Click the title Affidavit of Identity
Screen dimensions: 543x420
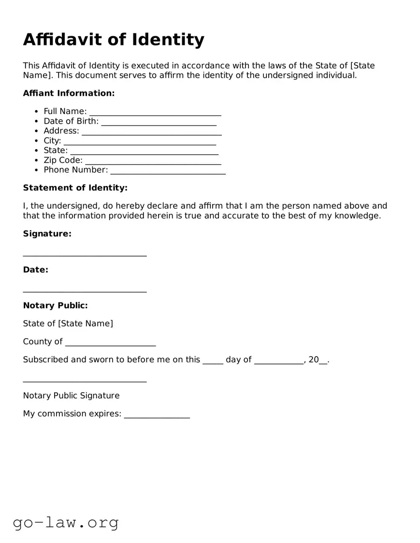[x=114, y=40]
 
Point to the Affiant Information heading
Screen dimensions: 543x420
[x=69, y=93]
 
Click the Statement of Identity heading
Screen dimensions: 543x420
[x=75, y=188]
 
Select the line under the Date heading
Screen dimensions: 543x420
[x=85, y=291]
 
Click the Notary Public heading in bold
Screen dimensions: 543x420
[x=55, y=305]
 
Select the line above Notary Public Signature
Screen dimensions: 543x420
[x=85, y=381]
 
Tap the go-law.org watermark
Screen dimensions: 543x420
[x=66, y=522]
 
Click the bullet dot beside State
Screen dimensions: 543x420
[x=37, y=151]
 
